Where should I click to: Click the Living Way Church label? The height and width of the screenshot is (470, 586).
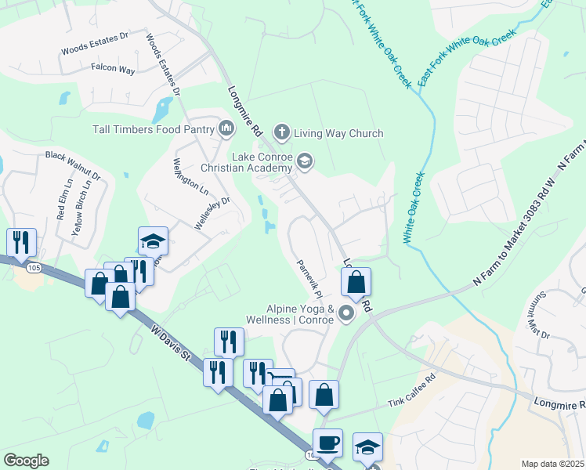pos(338,133)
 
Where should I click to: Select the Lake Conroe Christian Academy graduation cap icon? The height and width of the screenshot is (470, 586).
pos(305,161)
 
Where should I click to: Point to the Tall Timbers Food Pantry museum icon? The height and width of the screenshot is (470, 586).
pos(226,127)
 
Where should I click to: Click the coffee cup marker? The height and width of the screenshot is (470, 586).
pos(327,443)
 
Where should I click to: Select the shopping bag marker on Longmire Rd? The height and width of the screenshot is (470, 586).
pos(356,283)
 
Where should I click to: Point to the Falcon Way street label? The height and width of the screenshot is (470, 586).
pos(113,70)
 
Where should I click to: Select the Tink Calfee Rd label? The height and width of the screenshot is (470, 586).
pos(411,403)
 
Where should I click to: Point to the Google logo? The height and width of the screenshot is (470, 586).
pos(26,461)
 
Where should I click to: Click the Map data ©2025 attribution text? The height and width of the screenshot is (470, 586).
pos(552,464)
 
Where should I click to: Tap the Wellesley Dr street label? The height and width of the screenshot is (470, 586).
pos(212,211)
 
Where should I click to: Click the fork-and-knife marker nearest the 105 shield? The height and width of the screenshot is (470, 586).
pos(21,242)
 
